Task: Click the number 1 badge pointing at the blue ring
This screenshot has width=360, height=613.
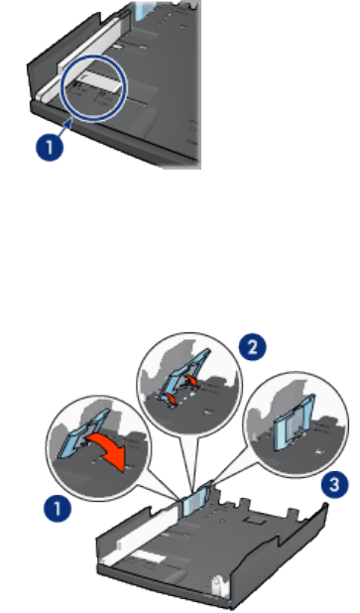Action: click(x=50, y=147)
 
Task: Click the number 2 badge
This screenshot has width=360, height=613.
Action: click(x=253, y=348)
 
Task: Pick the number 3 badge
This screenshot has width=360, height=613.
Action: click(x=334, y=485)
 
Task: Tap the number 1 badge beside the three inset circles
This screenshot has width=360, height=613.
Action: click(x=58, y=509)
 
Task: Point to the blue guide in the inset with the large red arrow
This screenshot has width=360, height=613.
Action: click(x=83, y=433)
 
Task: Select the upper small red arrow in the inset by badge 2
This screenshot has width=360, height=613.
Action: click(x=191, y=380)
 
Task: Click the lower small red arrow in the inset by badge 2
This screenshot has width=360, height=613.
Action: click(x=170, y=398)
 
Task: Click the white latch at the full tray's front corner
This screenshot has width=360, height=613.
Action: click(x=217, y=587)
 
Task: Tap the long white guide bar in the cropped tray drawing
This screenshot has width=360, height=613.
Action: click(x=84, y=55)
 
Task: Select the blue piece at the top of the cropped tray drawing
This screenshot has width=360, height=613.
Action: click(x=146, y=11)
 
